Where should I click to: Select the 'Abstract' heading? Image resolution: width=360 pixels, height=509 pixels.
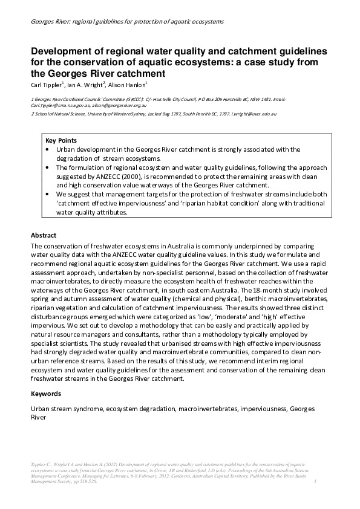tap(44, 235)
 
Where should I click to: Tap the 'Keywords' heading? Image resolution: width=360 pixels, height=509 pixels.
tap(45, 394)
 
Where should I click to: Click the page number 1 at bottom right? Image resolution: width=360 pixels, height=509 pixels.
tap(316, 482)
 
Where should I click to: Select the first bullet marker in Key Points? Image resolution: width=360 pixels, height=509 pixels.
tap(48, 149)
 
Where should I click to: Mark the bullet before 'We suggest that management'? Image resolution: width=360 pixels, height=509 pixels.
tap(48, 195)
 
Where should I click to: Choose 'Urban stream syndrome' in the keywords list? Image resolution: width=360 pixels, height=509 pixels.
tap(67, 409)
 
